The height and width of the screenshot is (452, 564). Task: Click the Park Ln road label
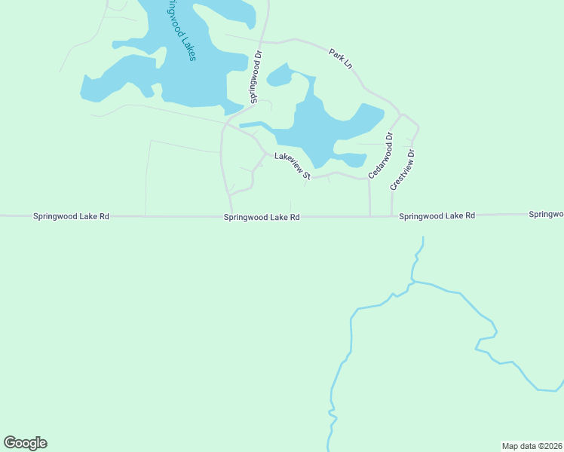point(341,60)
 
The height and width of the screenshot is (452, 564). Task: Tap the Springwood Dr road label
point(256,76)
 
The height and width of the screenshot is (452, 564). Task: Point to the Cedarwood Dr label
point(381,156)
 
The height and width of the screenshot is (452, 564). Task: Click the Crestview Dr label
point(403,169)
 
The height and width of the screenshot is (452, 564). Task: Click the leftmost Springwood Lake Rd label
point(72,216)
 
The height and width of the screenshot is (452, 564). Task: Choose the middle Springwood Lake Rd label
point(262,217)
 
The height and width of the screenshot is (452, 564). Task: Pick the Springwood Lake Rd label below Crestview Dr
point(437,215)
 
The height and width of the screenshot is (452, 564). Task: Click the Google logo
point(25,443)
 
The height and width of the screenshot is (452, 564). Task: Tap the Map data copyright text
point(532,446)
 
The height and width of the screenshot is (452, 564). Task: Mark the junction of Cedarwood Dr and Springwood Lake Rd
point(369,216)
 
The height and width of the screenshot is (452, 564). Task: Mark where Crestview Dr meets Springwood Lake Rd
point(391,215)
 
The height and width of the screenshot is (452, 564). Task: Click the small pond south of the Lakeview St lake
point(351,160)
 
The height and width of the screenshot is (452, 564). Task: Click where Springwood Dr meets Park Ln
point(261,41)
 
